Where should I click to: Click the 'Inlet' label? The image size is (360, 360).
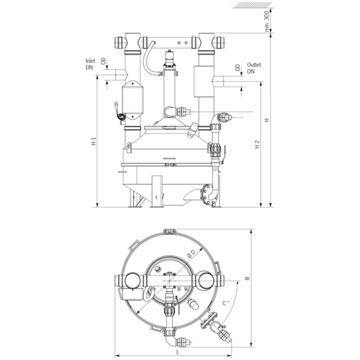click(90, 61)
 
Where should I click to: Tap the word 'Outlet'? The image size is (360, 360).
click(254, 65)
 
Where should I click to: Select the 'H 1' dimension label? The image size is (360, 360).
click(93, 141)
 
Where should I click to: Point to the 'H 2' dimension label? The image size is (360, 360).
click(257, 144)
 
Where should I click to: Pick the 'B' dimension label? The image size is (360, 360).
click(247, 278)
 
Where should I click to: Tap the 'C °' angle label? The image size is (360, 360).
click(226, 303)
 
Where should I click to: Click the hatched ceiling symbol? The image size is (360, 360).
click(252, 5)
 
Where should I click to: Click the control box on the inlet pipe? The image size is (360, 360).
click(132, 100)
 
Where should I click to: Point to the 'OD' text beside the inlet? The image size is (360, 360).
click(104, 61)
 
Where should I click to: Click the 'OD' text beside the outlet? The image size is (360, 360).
click(238, 68)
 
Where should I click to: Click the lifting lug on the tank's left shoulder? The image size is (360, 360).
click(129, 147)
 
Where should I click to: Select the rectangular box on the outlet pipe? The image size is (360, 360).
click(204, 81)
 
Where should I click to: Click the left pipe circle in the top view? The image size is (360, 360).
click(132, 280)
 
